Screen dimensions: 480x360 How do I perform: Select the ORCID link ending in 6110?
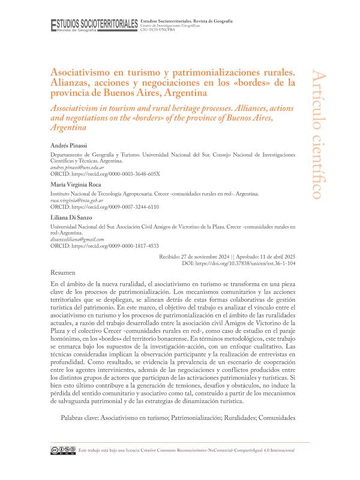[x=120, y=207]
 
